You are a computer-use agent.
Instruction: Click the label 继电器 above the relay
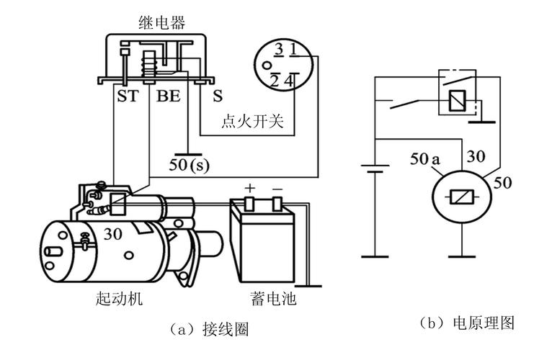click(x=161, y=23)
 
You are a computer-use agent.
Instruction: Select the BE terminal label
click(x=169, y=95)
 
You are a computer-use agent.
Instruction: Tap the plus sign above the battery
click(x=250, y=188)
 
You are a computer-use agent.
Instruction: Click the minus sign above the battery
click(x=277, y=188)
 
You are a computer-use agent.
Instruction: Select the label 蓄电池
click(x=272, y=297)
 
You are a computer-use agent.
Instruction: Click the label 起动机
click(x=119, y=297)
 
